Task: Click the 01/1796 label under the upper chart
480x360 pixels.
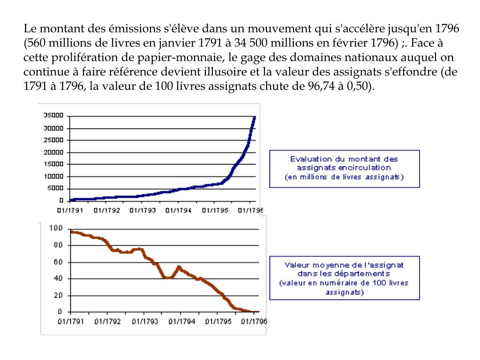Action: (251, 210)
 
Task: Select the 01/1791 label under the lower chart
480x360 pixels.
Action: (70, 322)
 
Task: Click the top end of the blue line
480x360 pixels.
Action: (255, 117)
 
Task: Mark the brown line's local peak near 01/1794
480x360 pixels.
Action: (179, 267)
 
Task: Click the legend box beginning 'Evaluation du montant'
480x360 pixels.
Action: (344, 168)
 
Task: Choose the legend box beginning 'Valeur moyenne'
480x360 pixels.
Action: (344, 278)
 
